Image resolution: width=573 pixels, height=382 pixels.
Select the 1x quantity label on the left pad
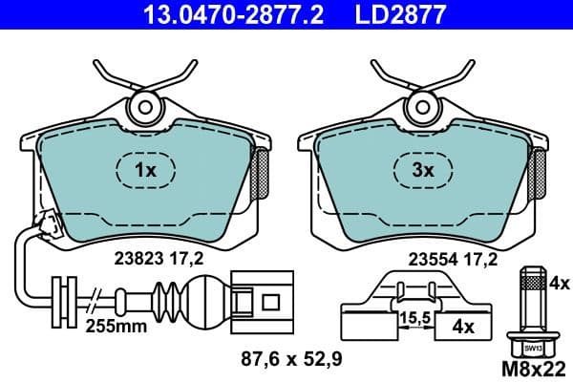click(x=144, y=171)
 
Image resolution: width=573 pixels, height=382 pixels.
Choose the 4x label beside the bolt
click(x=560, y=284)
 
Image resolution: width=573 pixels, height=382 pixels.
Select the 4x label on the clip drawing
click(x=463, y=327)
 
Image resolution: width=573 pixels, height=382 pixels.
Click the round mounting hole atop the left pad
click(x=146, y=105)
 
